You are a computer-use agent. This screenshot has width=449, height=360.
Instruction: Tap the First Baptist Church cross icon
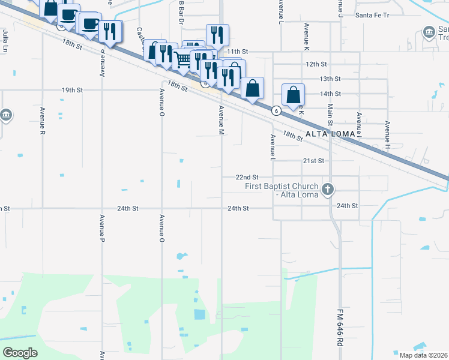(x=327, y=190)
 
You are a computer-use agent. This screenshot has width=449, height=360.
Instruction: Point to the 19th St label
(x=72, y=90)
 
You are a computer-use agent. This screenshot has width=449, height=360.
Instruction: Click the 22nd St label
(x=246, y=178)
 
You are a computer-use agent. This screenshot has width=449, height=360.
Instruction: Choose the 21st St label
(x=313, y=161)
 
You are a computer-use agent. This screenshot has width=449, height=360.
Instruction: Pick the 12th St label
(x=316, y=64)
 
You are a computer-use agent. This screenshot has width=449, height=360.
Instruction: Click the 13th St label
(x=330, y=79)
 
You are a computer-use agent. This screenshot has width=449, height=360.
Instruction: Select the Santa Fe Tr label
(x=372, y=14)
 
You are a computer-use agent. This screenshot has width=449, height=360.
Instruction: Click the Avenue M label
(x=221, y=120)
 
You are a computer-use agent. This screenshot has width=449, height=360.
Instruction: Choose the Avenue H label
(x=387, y=135)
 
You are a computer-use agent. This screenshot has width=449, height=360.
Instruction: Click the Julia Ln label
(x=5, y=40)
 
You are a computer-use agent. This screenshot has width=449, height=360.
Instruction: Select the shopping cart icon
(x=182, y=59)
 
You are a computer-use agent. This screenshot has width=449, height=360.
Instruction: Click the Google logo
(x=20, y=353)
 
